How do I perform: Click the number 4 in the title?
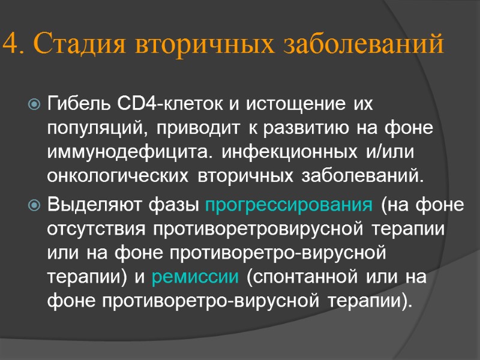pyautogui.click(x=11, y=44)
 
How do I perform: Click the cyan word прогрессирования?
pyautogui.click(x=288, y=205)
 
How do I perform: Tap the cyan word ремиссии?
pyautogui.click(x=195, y=278)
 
